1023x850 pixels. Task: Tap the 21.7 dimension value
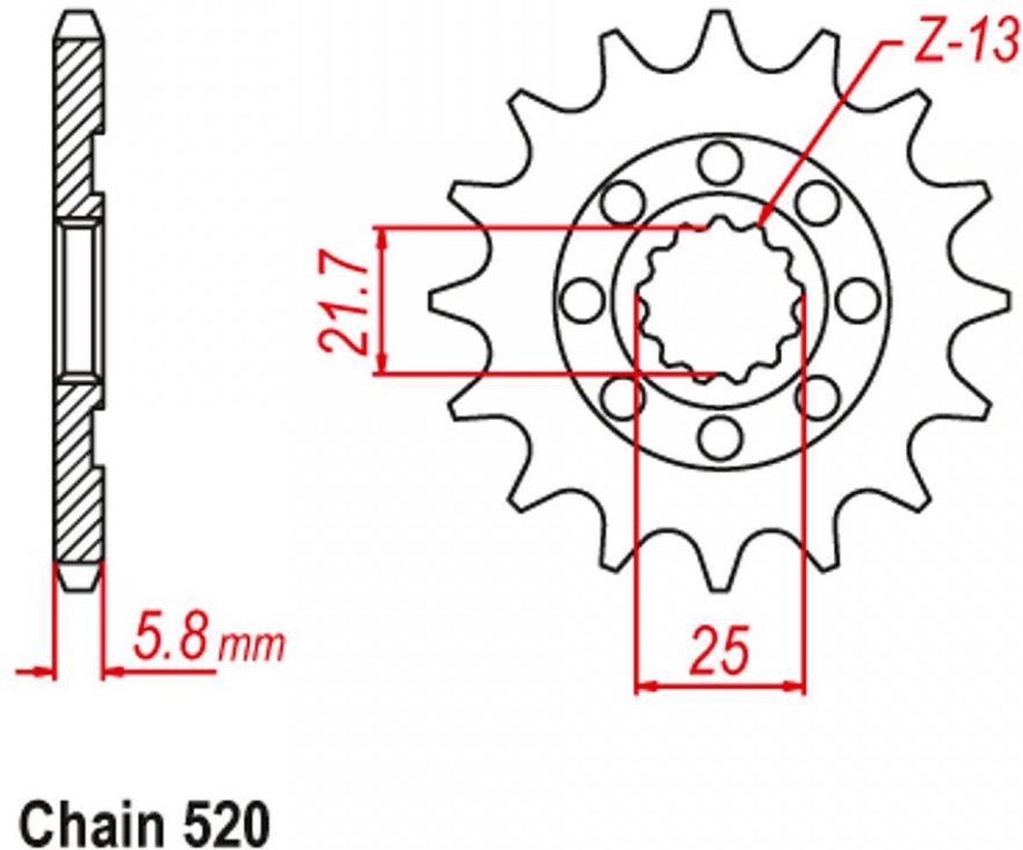pyautogui.click(x=343, y=304)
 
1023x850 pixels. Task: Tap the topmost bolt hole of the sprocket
pyautogui.click(x=720, y=164)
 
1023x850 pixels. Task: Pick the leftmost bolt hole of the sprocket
pyautogui.click(x=582, y=301)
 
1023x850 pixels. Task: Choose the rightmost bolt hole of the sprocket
pyautogui.click(x=858, y=301)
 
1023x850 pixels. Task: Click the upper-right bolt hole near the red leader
pyautogui.click(x=817, y=203)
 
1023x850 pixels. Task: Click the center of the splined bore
pyautogui.click(x=720, y=301)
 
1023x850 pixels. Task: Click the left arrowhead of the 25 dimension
pyautogui.click(x=646, y=686)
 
